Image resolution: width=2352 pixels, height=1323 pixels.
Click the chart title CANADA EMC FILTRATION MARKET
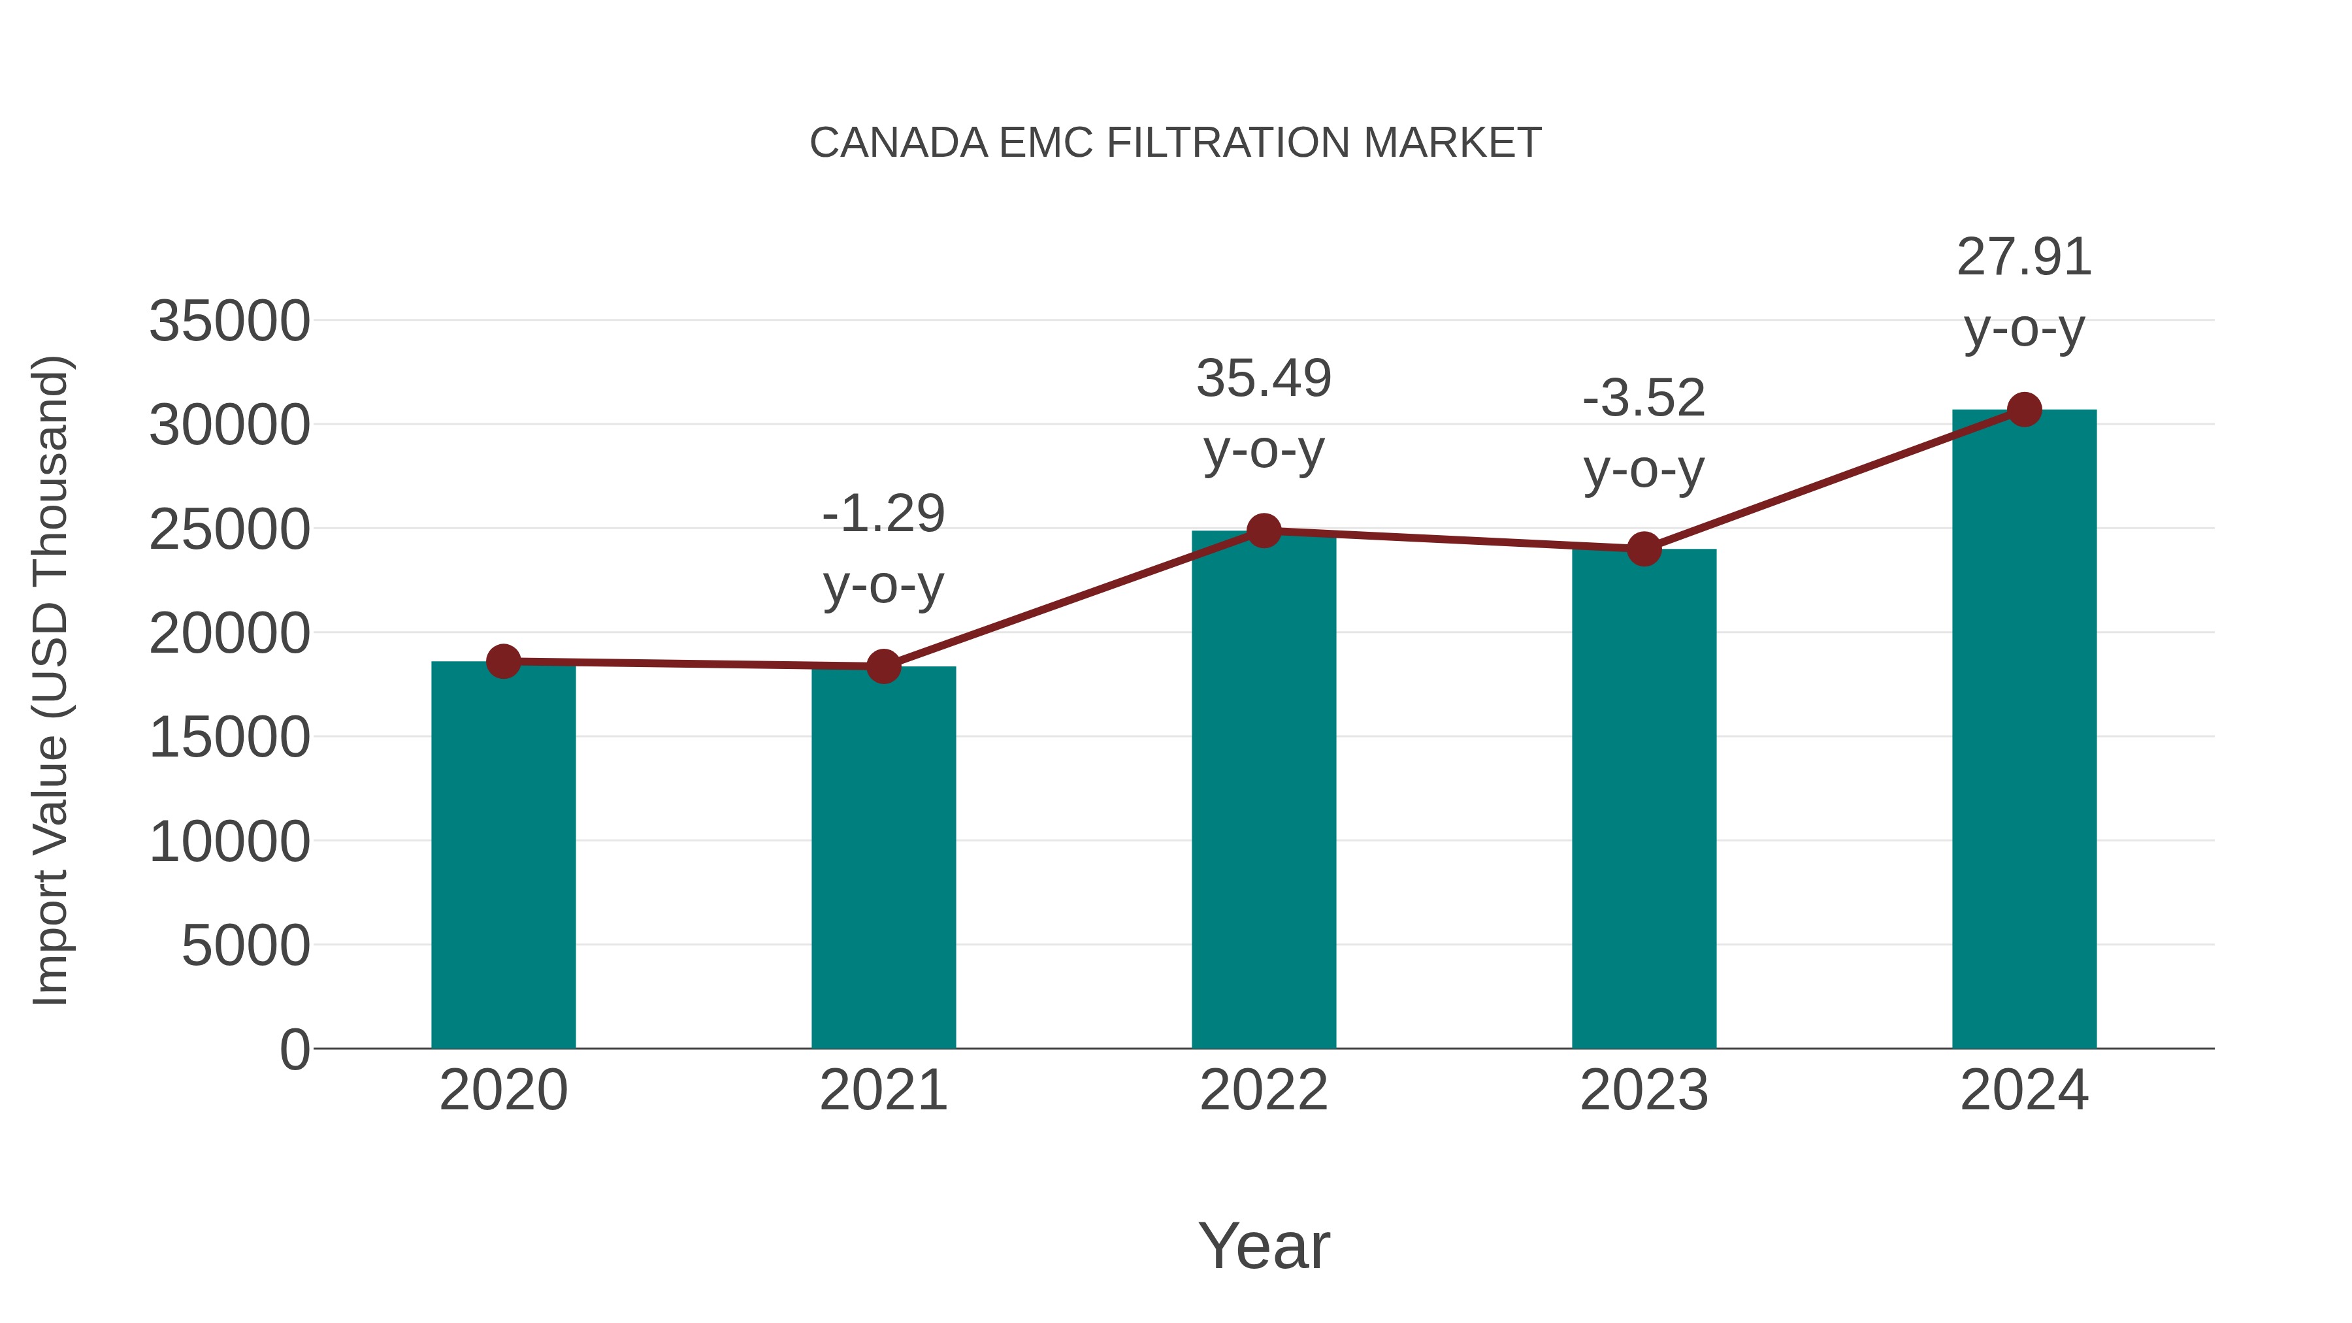[1175, 143]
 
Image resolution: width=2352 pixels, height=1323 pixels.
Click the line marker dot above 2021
[883, 666]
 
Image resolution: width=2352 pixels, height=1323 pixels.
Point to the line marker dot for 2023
[1644, 549]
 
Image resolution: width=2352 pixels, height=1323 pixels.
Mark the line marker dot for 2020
[503, 661]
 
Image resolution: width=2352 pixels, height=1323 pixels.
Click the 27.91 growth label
[2024, 258]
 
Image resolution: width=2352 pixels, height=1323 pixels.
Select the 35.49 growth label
[1264, 380]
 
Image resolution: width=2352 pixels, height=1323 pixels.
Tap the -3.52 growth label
[1644, 400]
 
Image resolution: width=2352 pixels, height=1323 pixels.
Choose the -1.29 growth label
[883, 514]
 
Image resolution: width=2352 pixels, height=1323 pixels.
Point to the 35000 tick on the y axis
[229, 321]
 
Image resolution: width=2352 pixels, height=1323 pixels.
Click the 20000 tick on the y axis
[229, 634]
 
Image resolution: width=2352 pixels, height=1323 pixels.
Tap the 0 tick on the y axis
[294, 1050]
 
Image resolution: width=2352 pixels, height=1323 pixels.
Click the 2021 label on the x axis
[883, 1091]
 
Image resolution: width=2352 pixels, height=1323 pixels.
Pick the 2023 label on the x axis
[1644, 1091]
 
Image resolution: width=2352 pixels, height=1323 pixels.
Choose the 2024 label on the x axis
[2024, 1091]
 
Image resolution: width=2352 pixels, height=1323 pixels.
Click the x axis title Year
[1264, 1247]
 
